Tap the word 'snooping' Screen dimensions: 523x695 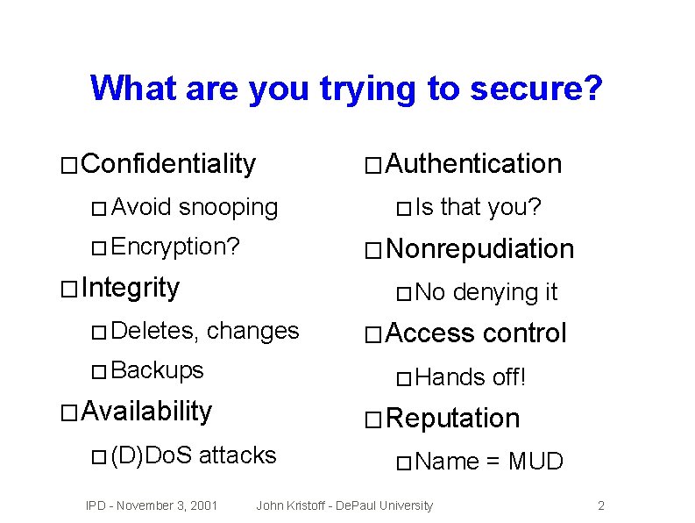click(228, 207)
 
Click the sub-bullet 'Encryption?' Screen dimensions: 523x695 click(175, 247)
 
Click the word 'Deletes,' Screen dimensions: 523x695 click(156, 331)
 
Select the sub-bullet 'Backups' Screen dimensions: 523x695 click(158, 370)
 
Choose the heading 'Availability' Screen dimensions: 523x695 click(145, 411)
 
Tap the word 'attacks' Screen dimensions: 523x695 click(238, 455)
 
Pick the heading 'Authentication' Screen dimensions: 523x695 click(473, 163)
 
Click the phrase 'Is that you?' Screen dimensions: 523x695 click(478, 207)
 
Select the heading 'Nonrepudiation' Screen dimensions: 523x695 click(479, 249)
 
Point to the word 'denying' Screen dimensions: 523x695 click(486, 292)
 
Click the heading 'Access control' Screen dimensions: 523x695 click(476, 333)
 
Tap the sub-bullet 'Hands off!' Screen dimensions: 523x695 click(471, 377)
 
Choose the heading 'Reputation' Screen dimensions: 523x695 click(452, 419)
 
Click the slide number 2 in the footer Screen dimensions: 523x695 click(600, 505)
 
